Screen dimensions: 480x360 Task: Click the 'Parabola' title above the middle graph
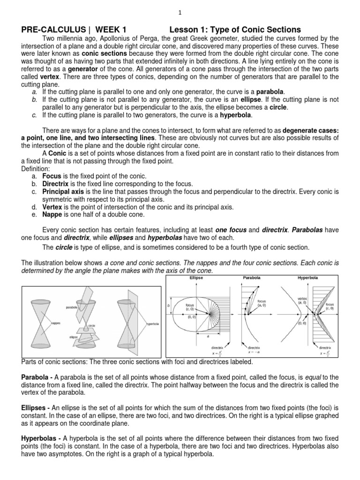coord(251,277)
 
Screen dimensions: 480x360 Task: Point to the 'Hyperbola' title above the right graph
coord(307,277)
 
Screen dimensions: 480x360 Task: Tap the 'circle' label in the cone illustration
coord(92,325)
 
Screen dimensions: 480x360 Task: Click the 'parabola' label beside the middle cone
coord(72,307)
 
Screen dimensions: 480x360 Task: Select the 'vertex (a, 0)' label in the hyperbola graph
coord(302,300)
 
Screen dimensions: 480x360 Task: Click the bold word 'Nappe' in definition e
coord(53,214)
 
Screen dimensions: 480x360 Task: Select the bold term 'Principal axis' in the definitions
coord(64,192)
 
